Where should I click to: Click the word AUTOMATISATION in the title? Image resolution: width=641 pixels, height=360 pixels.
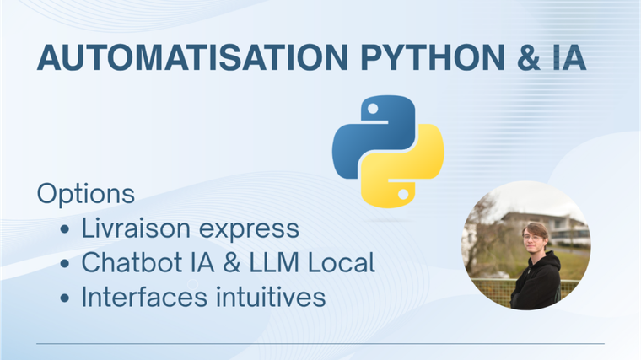click(192, 57)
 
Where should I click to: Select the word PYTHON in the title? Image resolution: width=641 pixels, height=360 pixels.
click(433, 57)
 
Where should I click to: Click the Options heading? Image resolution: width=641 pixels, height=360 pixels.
click(86, 195)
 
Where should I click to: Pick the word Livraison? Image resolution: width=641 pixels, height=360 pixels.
click(136, 228)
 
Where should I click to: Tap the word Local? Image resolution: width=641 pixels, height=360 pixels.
click(342, 262)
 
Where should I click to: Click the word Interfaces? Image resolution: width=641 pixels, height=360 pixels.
click(144, 296)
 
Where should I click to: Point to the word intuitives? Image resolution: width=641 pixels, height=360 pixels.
click(271, 296)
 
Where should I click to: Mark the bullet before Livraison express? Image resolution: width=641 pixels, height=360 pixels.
click(65, 229)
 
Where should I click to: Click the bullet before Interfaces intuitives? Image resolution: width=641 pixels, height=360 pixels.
click(65, 298)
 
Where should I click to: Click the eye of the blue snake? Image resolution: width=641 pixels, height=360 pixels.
click(373, 109)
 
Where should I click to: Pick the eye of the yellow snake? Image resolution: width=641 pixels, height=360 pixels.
click(403, 195)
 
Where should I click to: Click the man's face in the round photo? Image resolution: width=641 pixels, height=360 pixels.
click(535, 240)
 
